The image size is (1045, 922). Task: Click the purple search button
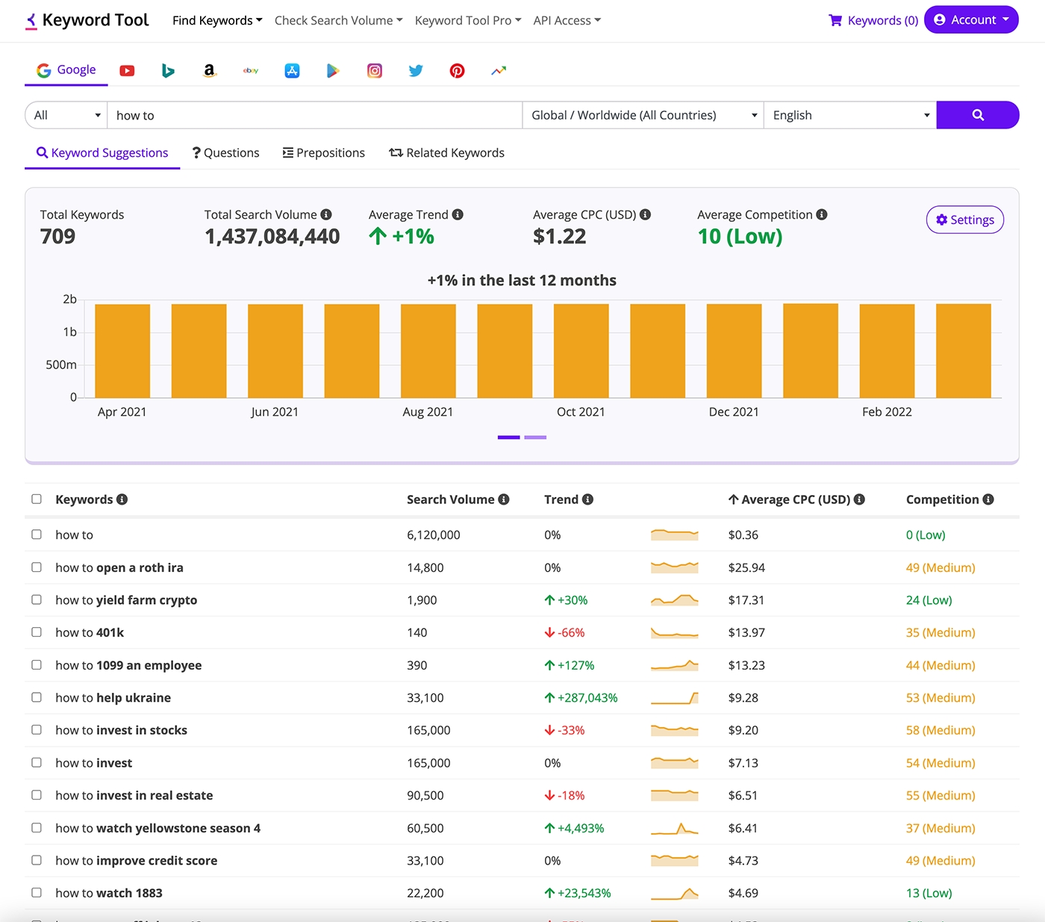(x=977, y=115)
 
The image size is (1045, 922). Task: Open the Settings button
(x=964, y=219)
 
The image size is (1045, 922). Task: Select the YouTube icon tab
(x=127, y=71)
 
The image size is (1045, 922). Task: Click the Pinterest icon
(x=457, y=71)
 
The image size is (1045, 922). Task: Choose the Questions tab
(x=225, y=153)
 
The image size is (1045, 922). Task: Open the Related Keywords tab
(x=446, y=153)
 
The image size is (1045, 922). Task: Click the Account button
(x=970, y=20)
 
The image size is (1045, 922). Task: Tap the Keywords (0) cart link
(x=873, y=20)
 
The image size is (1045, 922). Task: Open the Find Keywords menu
(x=216, y=20)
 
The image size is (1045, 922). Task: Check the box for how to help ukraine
(x=37, y=697)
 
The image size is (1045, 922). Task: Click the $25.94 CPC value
(x=746, y=567)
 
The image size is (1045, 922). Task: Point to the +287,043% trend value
(x=587, y=698)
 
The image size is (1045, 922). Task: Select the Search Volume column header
(x=450, y=499)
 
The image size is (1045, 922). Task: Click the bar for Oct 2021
(x=581, y=351)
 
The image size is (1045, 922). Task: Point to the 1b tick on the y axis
(x=69, y=332)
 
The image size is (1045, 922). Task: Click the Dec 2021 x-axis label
(x=733, y=412)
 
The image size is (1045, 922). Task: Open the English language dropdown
(x=849, y=115)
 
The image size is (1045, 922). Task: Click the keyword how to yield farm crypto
(x=126, y=600)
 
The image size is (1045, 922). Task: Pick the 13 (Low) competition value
(x=929, y=893)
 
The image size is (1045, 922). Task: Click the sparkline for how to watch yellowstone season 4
(x=674, y=828)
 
